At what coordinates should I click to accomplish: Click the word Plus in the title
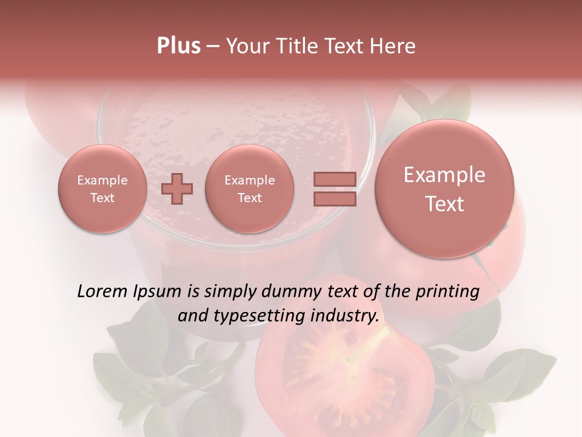178,46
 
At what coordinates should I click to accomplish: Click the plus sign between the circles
177,188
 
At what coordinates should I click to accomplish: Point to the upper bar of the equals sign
334,179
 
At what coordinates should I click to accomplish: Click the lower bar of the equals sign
334,198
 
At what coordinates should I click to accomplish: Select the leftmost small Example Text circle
102,189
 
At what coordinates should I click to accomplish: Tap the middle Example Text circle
250,189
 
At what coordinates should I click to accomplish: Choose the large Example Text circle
444,189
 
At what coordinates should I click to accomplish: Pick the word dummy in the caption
290,292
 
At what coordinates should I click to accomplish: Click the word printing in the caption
447,292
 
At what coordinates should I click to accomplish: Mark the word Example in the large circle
444,175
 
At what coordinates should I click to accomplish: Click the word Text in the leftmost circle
102,198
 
